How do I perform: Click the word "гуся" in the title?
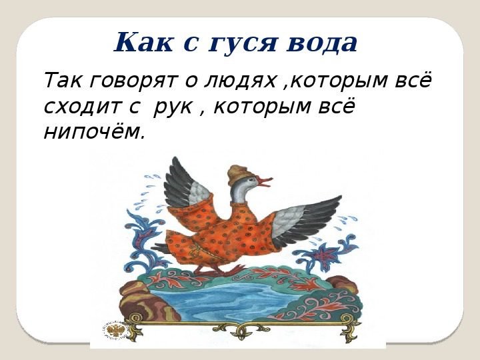(x=243, y=43)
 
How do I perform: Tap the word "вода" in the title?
(x=322, y=42)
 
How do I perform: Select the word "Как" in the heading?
(x=143, y=41)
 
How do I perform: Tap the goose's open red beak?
(x=265, y=181)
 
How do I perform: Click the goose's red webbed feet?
(x=219, y=270)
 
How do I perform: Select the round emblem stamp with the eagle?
(x=113, y=331)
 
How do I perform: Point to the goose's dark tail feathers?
(x=161, y=247)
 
